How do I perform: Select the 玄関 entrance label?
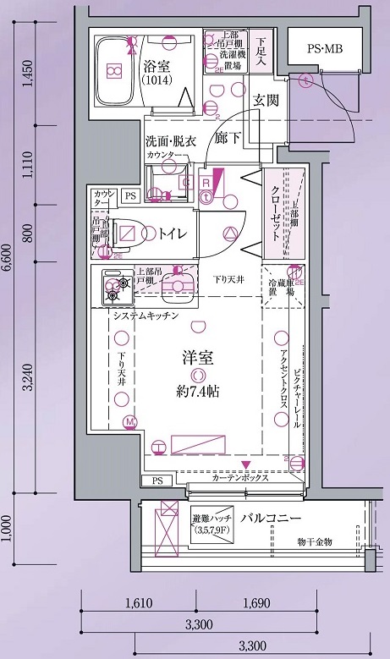coord(266,99)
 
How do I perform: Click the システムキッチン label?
coord(145,315)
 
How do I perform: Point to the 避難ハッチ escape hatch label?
coord(211,519)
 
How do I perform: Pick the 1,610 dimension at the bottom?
coord(135,603)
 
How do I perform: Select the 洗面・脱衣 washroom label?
coord(170,141)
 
